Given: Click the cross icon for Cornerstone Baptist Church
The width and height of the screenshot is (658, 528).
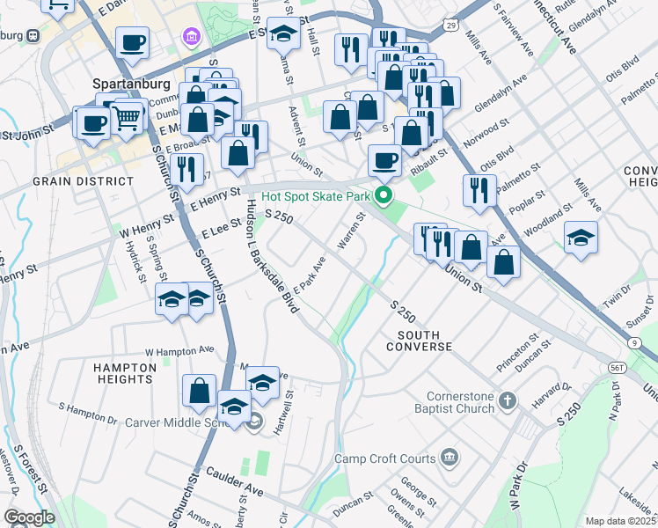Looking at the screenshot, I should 507,402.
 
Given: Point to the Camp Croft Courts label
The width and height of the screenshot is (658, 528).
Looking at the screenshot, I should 384,458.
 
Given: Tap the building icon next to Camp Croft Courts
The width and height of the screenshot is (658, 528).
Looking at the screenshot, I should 450,458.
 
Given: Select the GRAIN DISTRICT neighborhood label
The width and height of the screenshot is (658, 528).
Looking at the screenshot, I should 82,180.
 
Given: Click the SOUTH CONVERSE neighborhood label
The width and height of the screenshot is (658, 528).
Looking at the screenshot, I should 425,341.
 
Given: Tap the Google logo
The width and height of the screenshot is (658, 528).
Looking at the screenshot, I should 29,517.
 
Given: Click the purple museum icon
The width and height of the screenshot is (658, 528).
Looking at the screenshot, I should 190,37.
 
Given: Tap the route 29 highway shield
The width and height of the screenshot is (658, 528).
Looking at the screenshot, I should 450,26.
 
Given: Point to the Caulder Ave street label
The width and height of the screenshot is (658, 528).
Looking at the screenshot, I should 235,480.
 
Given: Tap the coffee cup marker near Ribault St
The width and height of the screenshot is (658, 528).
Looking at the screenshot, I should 384,161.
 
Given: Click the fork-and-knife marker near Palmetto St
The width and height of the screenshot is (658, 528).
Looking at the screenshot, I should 479,191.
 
